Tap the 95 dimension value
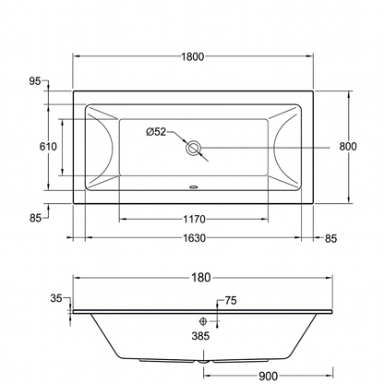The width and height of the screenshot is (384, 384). coord(34,81)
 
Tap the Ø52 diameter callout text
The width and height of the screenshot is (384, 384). coord(156,132)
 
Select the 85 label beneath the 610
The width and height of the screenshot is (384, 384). coord(34,219)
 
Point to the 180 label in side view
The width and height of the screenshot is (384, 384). coord(202,277)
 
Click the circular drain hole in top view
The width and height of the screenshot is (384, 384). coord(192,147)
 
